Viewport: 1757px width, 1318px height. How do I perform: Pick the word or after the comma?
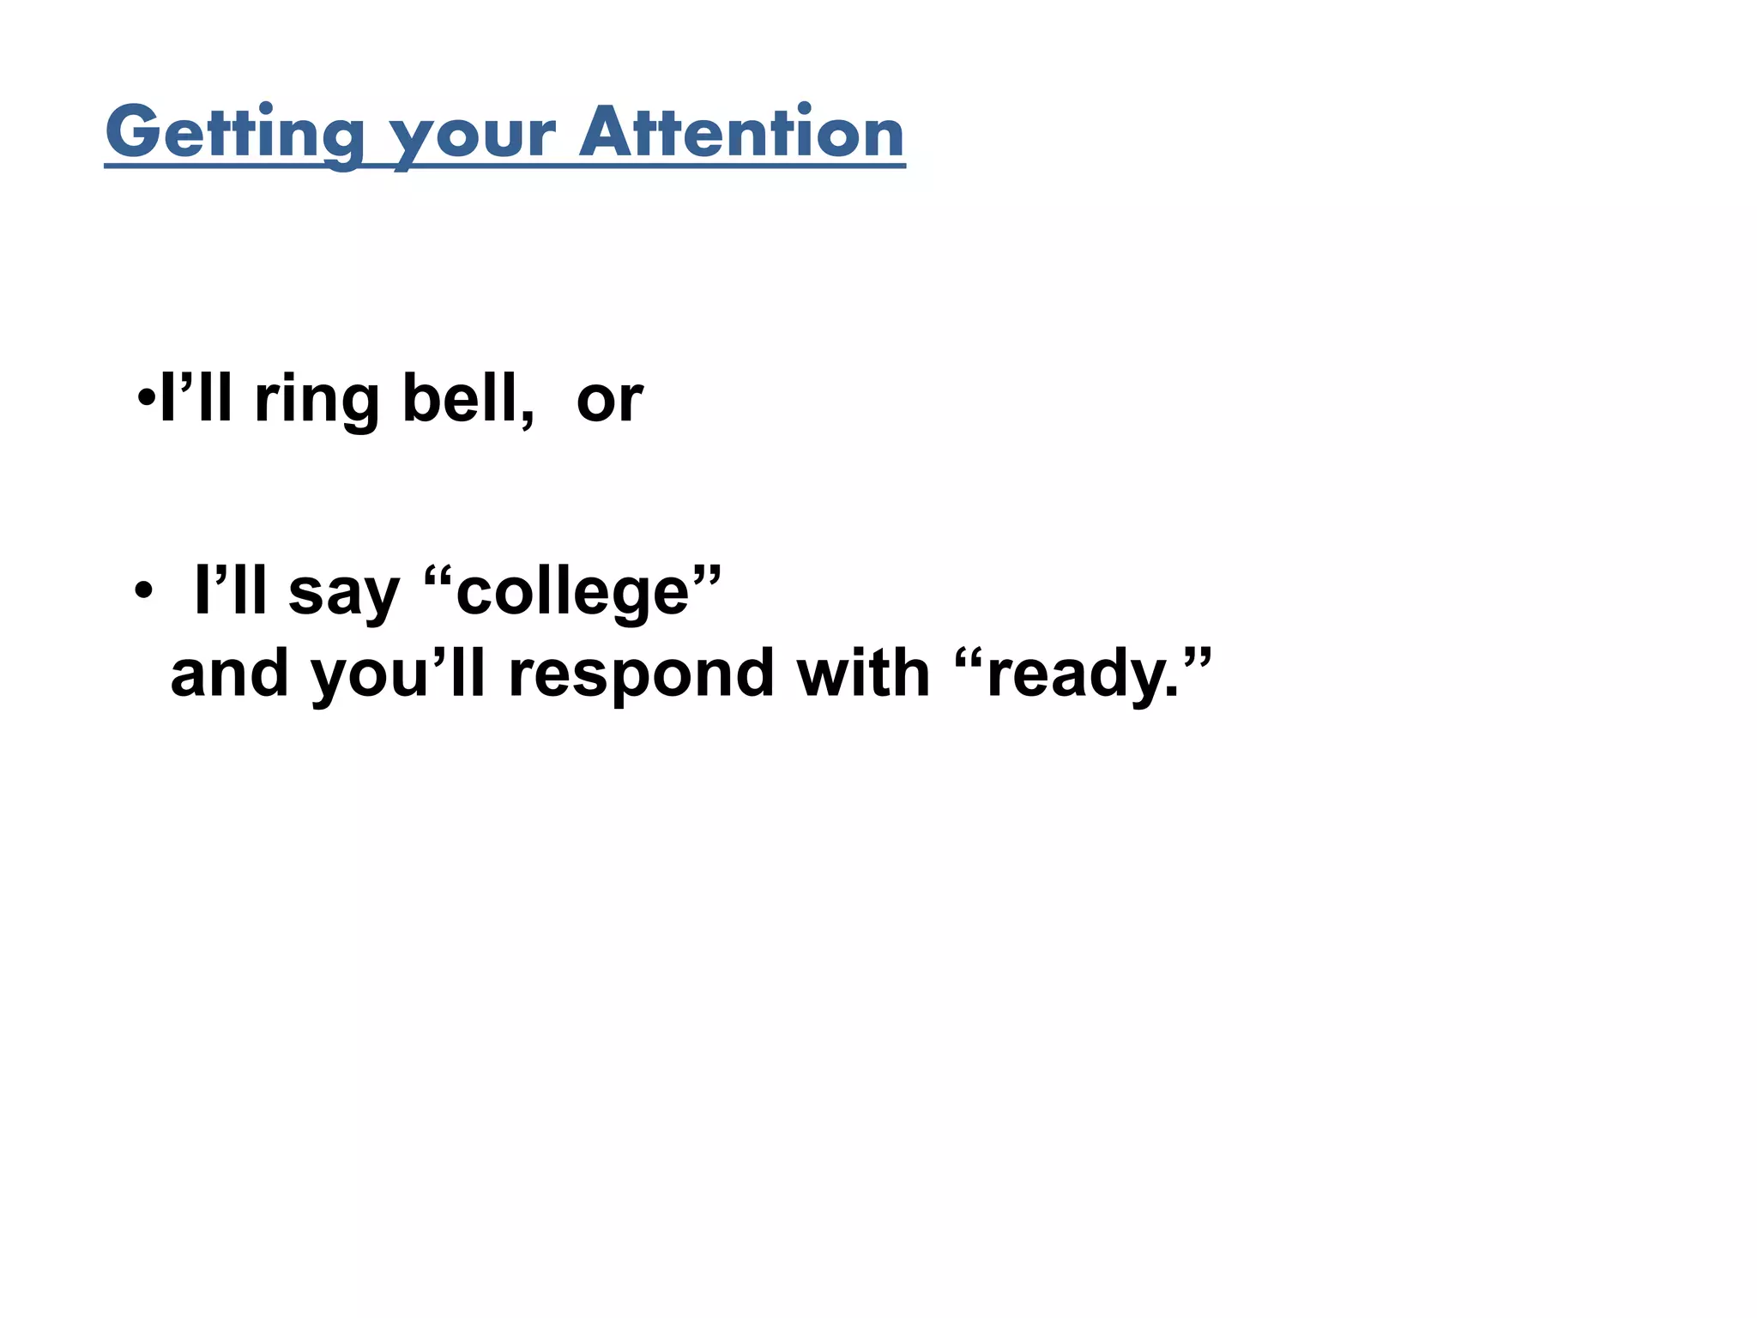(x=609, y=401)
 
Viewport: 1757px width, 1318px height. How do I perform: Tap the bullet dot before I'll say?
(x=143, y=591)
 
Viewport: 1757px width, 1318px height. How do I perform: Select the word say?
(x=344, y=593)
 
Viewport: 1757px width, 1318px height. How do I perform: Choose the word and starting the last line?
(x=229, y=674)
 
